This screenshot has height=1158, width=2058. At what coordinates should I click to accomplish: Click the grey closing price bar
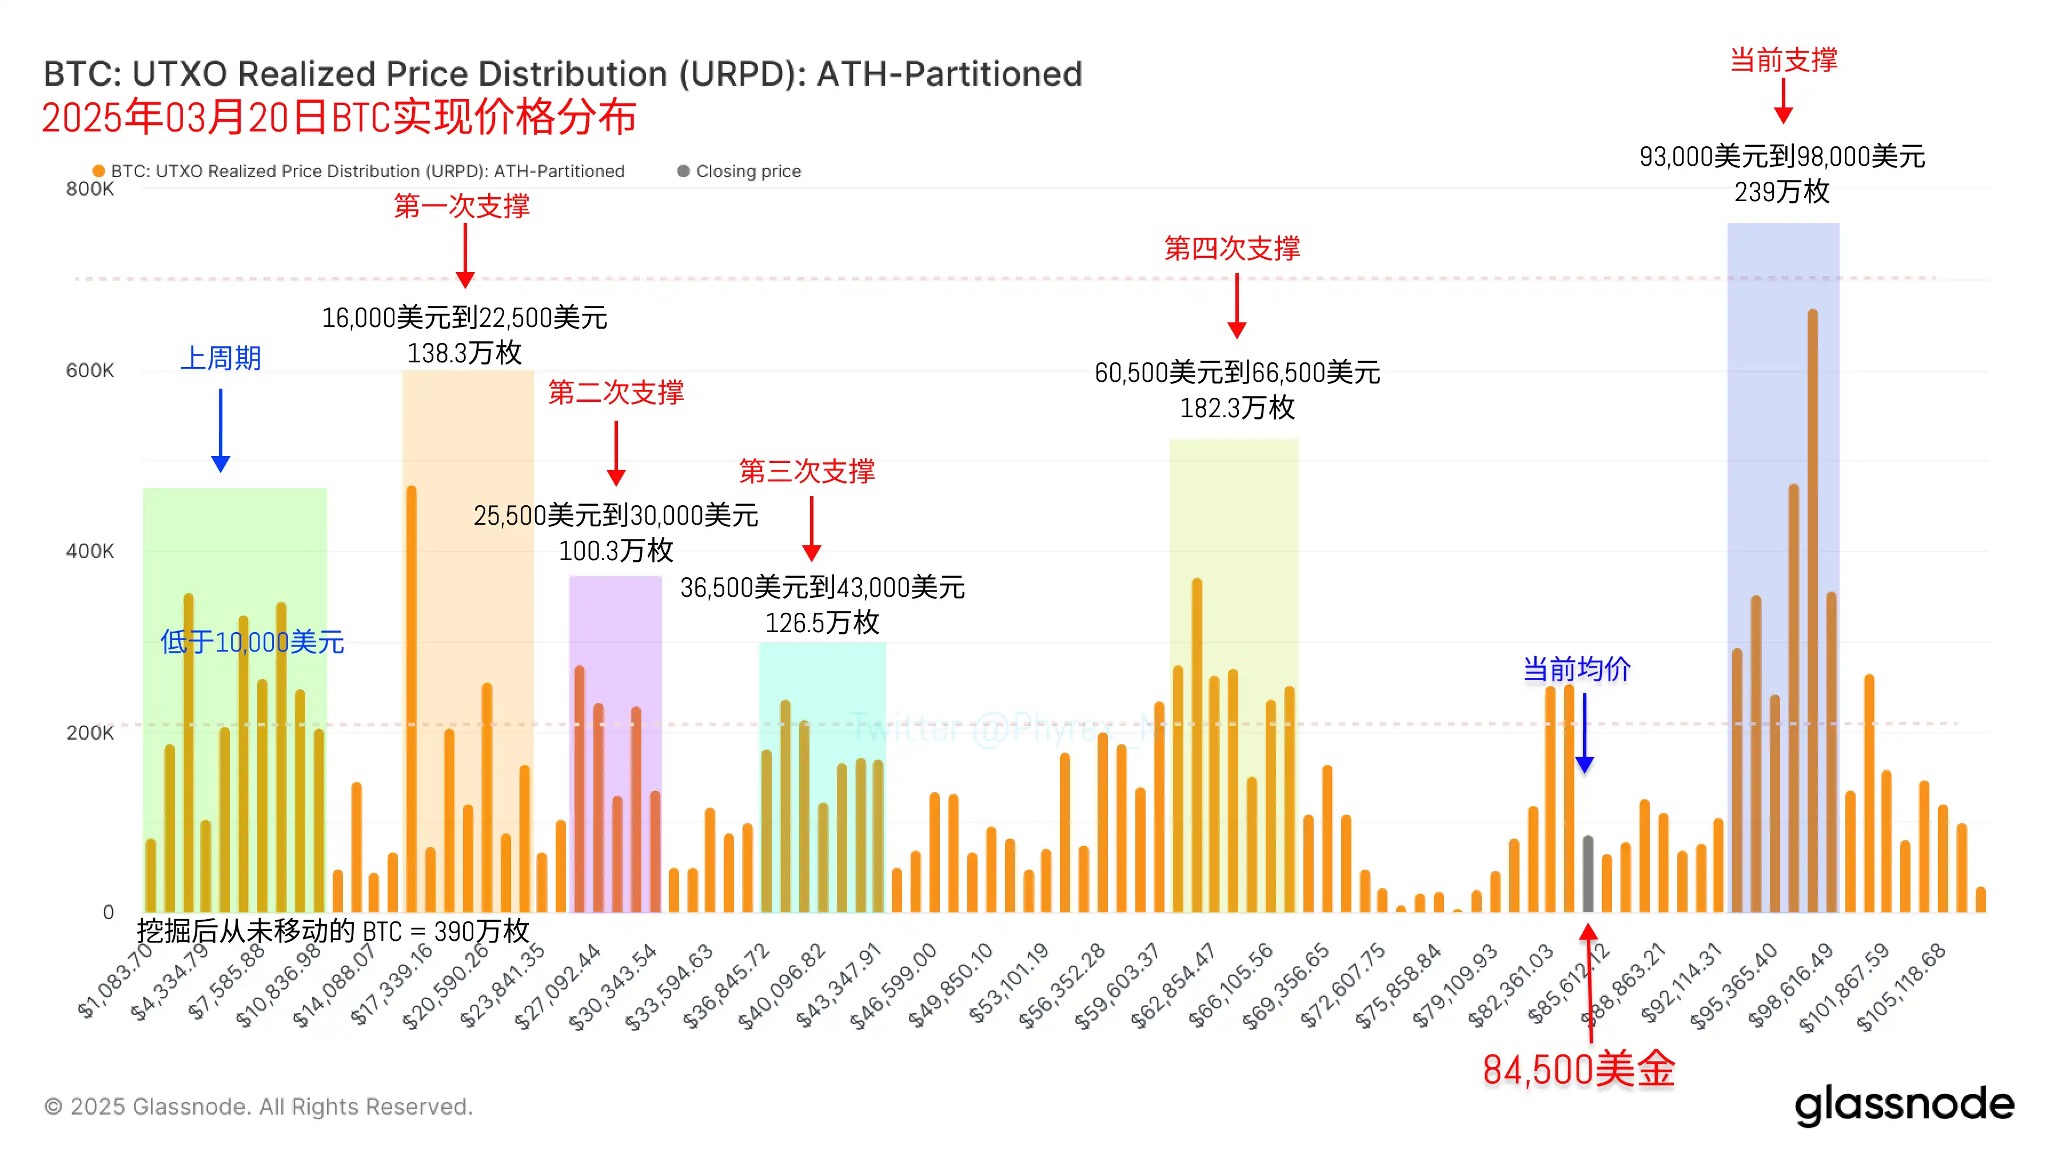coord(1588,874)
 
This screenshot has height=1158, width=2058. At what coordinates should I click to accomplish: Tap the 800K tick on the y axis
coord(90,189)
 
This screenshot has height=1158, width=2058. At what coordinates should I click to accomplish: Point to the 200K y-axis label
coord(90,732)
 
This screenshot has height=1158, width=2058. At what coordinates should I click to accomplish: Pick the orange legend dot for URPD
coord(99,171)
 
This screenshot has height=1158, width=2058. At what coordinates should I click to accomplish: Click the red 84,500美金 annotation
coord(1578,1070)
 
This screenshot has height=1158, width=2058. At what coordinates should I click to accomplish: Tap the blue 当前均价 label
coord(1576,668)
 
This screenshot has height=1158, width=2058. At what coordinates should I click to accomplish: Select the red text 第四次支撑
coord(1232,249)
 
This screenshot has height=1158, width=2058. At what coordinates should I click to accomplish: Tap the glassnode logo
coord(1904,1105)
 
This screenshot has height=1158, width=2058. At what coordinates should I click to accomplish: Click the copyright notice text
coord(258,1107)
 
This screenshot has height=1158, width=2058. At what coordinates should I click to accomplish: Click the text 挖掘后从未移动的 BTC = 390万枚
coord(332,931)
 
